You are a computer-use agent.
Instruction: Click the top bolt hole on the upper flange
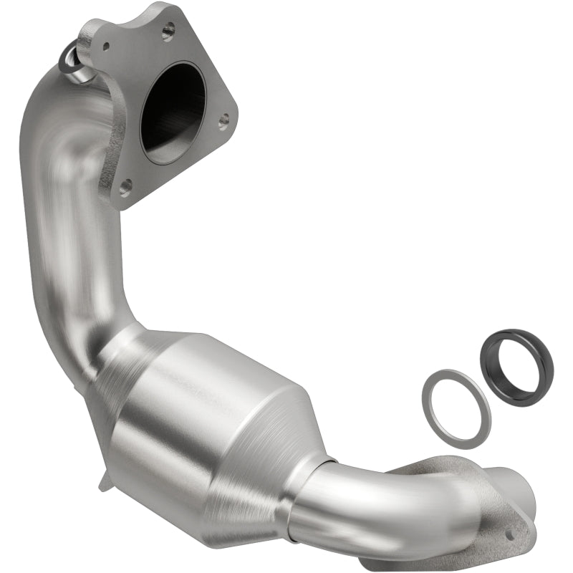169,31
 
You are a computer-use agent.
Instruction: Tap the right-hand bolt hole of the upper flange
224,120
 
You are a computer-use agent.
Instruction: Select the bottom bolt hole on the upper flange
126,188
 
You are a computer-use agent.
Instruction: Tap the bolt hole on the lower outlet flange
509,534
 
